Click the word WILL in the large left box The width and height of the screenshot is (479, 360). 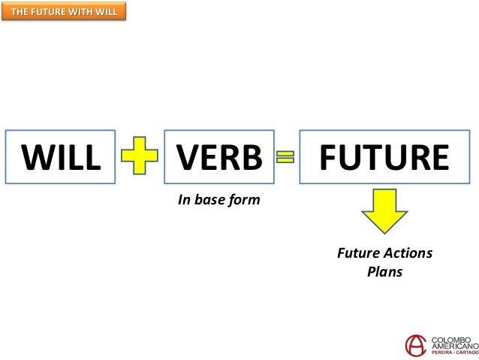[x=61, y=157]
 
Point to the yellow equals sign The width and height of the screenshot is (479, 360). [x=285, y=157]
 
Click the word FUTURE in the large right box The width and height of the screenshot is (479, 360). [x=384, y=157]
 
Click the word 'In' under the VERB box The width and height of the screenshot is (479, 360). [x=182, y=200]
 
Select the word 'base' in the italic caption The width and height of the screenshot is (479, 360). [x=208, y=200]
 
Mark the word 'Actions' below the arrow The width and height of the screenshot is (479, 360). [x=406, y=253]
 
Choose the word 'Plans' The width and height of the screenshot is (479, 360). [x=384, y=271]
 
